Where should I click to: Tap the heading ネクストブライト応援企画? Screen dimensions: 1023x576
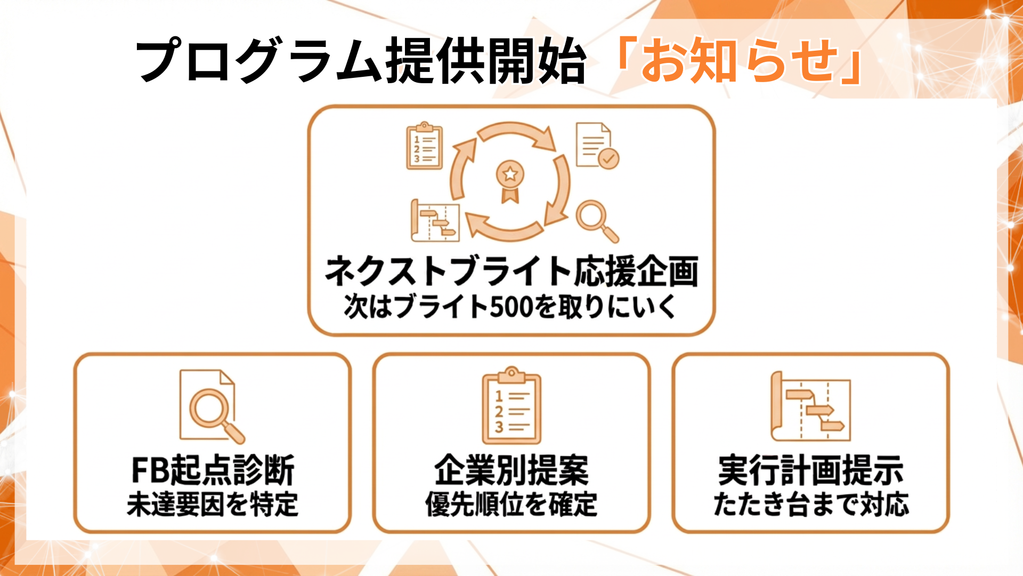pos(511,271)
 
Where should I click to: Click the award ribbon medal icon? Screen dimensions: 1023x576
pos(510,180)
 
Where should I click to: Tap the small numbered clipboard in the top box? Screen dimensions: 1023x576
pos(424,146)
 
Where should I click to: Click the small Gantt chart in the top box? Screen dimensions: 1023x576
pos(435,220)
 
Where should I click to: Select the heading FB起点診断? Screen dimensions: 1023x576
pos(213,470)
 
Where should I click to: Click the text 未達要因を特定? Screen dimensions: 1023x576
pos(213,504)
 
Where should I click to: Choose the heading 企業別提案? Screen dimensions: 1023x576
pos(511,470)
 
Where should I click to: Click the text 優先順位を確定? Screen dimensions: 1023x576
pos(511,504)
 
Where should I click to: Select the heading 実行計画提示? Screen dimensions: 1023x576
pos(810,470)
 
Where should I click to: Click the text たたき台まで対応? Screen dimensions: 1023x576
pos(810,504)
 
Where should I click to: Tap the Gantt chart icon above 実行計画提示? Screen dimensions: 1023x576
pos(810,406)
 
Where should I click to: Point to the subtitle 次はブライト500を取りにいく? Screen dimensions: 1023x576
pos(511,307)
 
